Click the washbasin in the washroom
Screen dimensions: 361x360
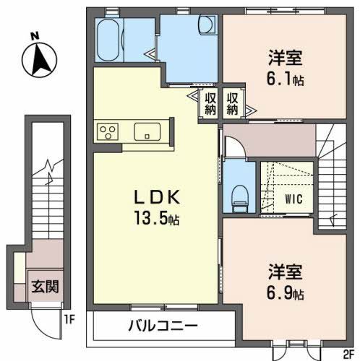(205, 26)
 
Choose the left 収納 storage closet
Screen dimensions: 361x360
(210, 103)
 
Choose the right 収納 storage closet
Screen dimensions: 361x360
(233, 103)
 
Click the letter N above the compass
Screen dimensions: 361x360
(35, 35)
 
